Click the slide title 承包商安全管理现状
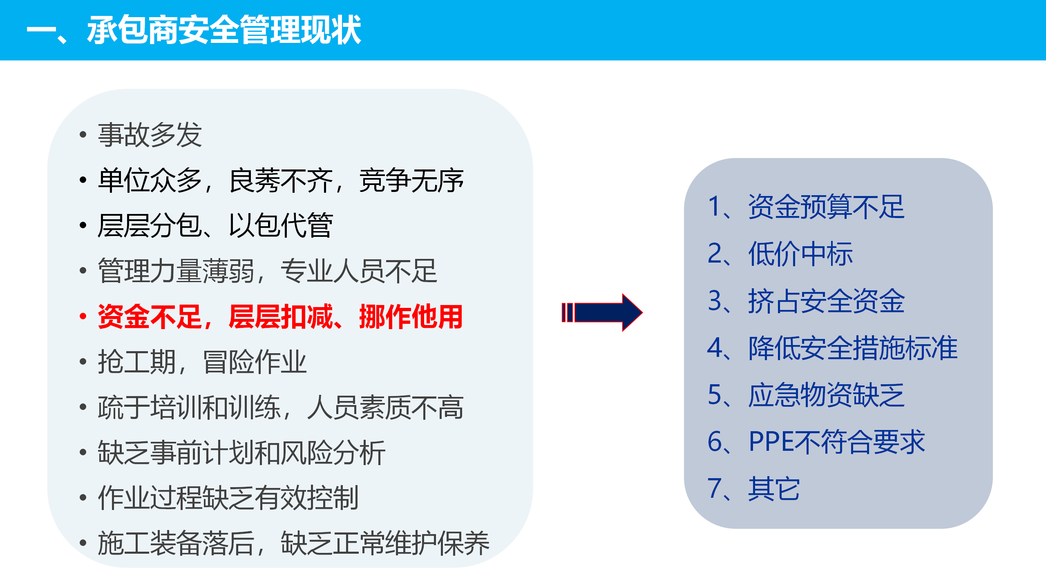224,30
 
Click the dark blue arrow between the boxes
602,313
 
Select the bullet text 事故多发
150,135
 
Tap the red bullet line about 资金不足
280,317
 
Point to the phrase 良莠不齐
281,180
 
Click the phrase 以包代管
281,225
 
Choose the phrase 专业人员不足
359,271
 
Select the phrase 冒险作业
255,362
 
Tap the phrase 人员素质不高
385,408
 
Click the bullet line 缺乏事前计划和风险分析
241,453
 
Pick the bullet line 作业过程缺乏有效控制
228,498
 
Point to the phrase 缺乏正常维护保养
385,543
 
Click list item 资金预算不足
826,207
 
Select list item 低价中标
800,254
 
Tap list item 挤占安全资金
826,301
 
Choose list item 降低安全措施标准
853,348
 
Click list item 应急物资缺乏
826,395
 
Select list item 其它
774,489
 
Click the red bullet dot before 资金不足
83,316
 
